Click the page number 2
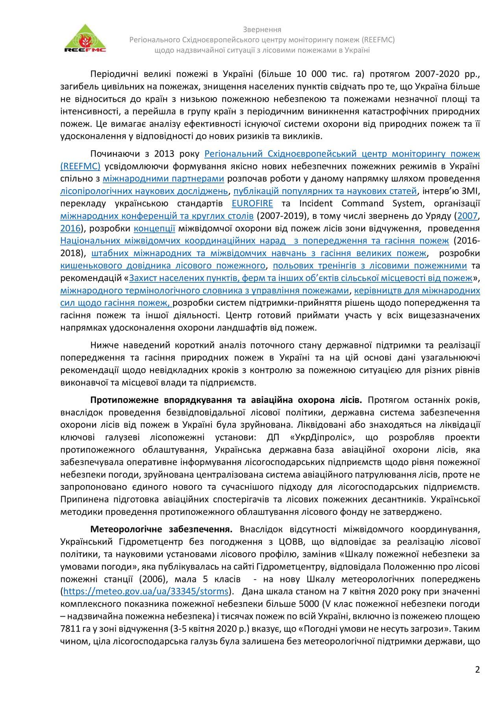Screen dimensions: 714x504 (x=477, y=669)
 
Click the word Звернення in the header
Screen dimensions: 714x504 (x=262, y=30)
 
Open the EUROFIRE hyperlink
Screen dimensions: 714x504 (x=252, y=203)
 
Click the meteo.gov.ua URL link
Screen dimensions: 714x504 (x=146, y=591)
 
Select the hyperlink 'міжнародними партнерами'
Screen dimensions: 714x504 (x=163, y=179)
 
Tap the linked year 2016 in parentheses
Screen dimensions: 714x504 (x=70, y=229)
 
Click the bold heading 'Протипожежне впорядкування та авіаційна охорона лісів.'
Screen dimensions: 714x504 (x=226, y=400)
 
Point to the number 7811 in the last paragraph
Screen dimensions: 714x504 (x=70, y=629)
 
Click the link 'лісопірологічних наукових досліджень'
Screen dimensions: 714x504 (x=144, y=191)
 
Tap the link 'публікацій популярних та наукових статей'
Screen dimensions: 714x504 (x=325, y=191)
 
